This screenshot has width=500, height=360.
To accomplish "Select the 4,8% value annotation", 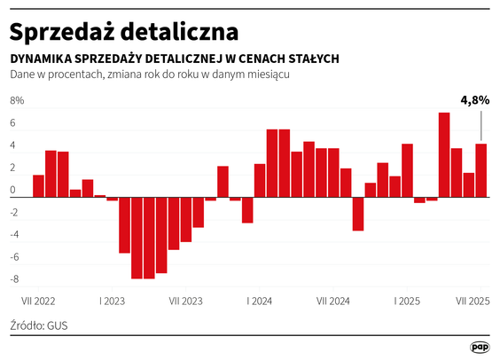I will (474, 100).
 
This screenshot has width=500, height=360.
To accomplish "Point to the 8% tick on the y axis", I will (17, 101).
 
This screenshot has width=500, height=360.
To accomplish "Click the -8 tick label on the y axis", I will (14, 279).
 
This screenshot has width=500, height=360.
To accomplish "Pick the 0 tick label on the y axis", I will (14, 191).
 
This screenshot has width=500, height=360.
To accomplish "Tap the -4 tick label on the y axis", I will (14, 235).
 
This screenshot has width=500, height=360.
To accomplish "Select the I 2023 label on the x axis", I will (112, 301).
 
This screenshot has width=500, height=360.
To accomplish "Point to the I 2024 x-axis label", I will (260, 301).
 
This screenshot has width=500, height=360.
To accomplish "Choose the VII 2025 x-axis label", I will (473, 301).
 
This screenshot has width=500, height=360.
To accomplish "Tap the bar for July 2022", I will (38, 185).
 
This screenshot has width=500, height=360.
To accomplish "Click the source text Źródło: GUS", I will (39, 325).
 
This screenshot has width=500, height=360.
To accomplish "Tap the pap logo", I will (480, 347).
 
